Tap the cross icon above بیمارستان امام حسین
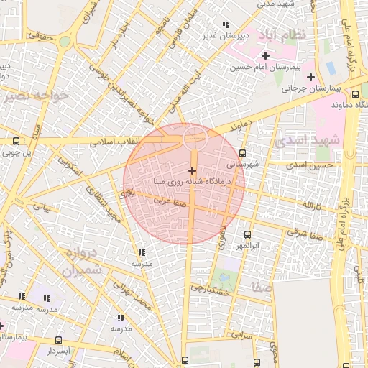pos(265,55)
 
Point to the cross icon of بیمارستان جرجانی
pos(310,77)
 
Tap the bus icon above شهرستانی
pos(242,153)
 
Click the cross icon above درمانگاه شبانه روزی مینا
pos(191,170)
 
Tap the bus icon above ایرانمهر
pos(248,234)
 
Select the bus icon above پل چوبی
pos(17,142)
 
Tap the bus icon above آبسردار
pos(58,340)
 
